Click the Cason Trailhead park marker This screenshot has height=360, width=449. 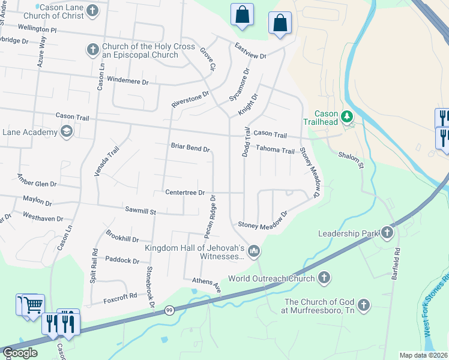tap(346, 116)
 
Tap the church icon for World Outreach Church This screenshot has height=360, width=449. tap(324, 278)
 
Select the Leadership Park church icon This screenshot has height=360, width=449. tap(387, 233)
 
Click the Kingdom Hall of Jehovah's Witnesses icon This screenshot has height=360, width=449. tap(254, 251)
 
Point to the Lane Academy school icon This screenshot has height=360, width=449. tap(66, 131)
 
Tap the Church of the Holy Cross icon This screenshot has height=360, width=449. tap(93, 49)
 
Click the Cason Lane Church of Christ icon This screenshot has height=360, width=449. tap(93, 10)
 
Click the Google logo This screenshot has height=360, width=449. tap(20, 352)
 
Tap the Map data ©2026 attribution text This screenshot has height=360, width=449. tap(423, 355)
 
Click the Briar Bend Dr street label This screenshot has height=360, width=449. tap(190, 148)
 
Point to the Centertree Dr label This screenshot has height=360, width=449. tap(185, 193)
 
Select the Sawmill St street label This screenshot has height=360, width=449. tap(140, 211)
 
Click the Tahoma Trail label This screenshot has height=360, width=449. tap(275, 151)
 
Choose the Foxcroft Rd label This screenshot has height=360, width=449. tap(120, 295)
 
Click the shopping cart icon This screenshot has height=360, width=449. tap(33, 305)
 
